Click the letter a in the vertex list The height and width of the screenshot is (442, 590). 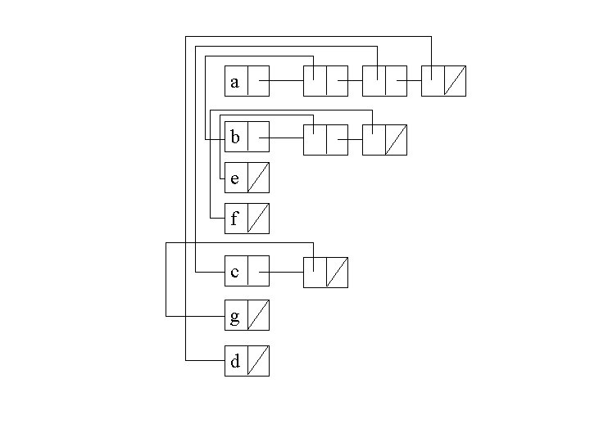pos(235,82)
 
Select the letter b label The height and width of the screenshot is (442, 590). pos(235,138)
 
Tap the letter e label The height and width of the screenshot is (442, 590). pos(235,178)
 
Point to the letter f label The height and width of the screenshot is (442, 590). pos(235,219)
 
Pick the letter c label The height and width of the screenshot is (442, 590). pos(235,272)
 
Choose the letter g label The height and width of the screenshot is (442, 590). pos(235,315)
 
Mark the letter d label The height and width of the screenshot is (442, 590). pos(235,361)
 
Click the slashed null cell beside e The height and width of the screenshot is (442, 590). pos(257,178)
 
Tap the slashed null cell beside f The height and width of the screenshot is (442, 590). pos(257,219)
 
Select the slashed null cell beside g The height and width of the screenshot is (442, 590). pos(257,315)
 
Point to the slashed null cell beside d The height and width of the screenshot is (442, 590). pos(257,361)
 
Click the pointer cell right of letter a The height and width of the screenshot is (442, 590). pos(257,82)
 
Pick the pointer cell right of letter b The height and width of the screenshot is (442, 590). pos(257,138)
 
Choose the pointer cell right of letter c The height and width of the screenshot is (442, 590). pos(257,272)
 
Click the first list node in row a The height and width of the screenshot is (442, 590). pos(325,81)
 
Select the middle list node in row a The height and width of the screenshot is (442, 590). pos(384,81)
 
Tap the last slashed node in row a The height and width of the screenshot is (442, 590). pos(443,81)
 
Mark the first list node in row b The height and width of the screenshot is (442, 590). pos(325,139)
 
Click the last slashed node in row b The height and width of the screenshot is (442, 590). pos(384,139)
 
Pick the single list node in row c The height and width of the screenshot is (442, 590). pos(325,273)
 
